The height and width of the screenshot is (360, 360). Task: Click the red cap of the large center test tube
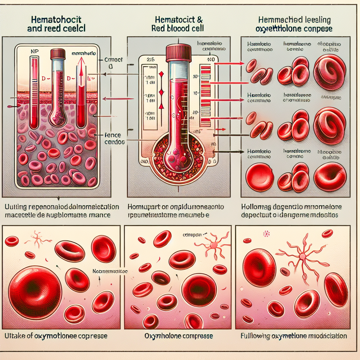(x=178, y=53)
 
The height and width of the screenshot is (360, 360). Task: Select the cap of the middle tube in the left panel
(x=58, y=54)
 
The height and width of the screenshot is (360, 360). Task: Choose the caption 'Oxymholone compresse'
(x=179, y=336)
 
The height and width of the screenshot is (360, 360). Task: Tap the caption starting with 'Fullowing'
(x=294, y=336)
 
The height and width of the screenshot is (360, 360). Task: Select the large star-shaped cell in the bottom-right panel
(x=300, y=256)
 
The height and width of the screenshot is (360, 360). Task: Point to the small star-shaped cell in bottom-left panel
(x=37, y=239)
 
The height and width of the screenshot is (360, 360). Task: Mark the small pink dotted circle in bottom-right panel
(x=266, y=233)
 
